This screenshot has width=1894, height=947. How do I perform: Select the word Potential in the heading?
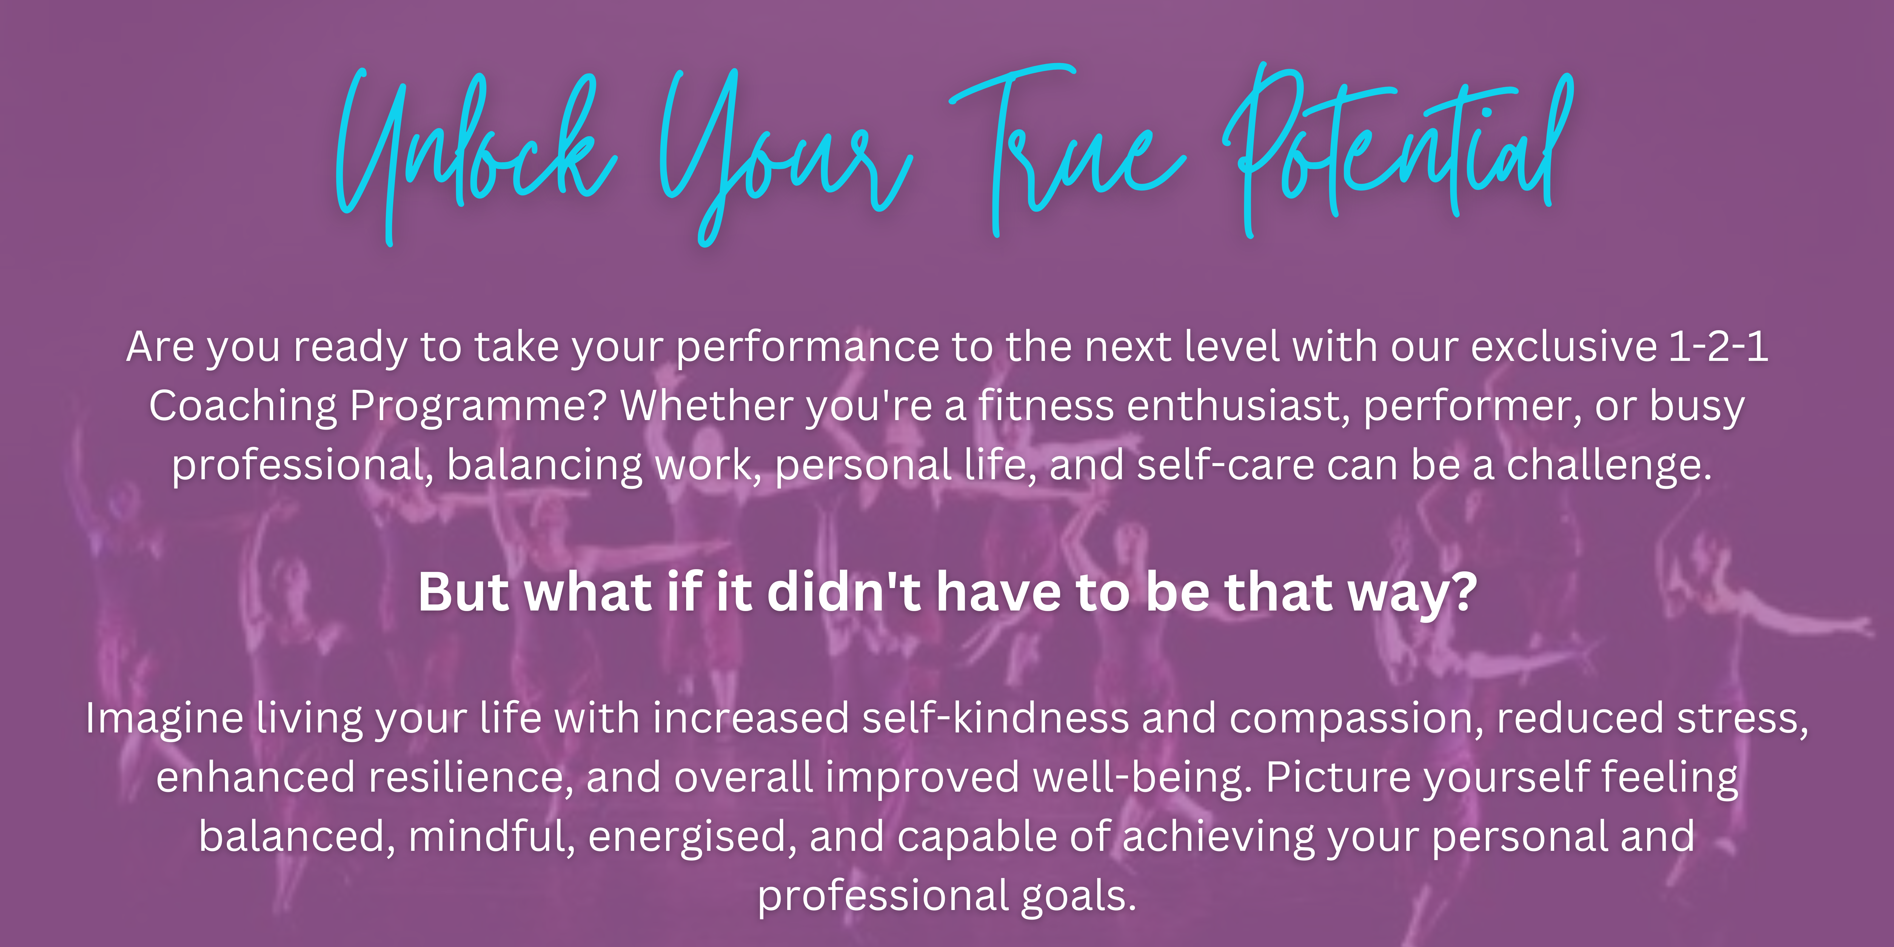tap(1397, 147)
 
